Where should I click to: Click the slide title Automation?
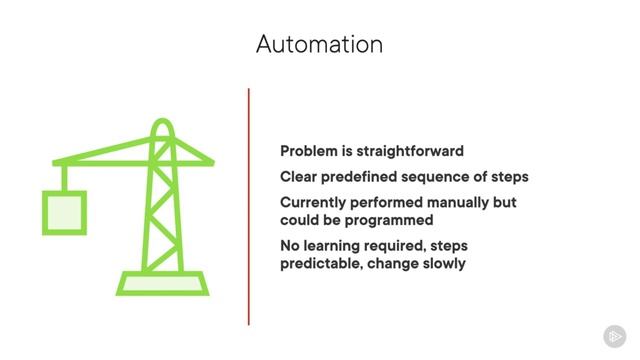pyautogui.click(x=319, y=44)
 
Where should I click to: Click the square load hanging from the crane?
pyautogui.click(x=62, y=212)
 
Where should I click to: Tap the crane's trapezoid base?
pyautogui.click(x=163, y=282)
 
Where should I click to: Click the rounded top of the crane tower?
pyautogui.click(x=163, y=127)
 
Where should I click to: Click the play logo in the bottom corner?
pyautogui.click(x=615, y=337)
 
